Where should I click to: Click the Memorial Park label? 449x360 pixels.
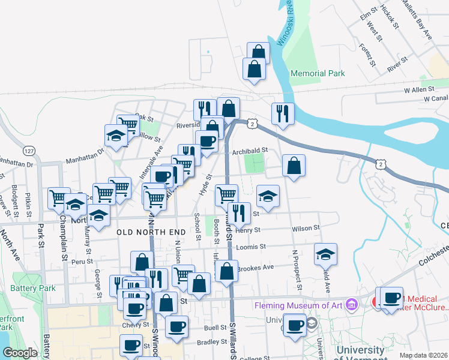[x=318, y=73]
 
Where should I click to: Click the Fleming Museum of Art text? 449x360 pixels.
[x=298, y=305]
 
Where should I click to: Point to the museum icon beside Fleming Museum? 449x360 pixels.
[x=352, y=305]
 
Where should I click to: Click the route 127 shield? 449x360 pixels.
[x=29, y=150]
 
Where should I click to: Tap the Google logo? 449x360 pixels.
[x=20, y=352]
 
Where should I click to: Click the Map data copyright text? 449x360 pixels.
[x=423, y=355]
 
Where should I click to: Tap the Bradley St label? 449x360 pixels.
[x=212, y=343]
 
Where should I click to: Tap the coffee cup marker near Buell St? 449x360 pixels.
[x=176, y=326]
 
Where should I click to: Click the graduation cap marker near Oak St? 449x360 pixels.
[x=116, y=135]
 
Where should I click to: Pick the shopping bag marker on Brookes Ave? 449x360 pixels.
[x=226, y=271]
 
